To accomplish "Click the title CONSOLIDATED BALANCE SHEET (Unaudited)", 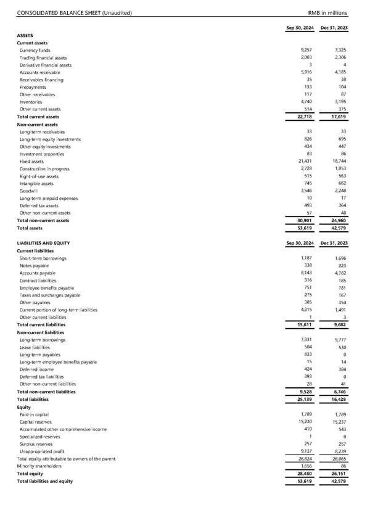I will click(x=74, y=13).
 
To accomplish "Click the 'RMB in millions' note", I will click(x=327, y=13).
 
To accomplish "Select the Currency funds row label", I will click(x=35, y=50).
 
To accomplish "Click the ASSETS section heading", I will click(x=25, y=35).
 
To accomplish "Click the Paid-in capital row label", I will click(x=35, y=414).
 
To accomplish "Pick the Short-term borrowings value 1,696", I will click(x=335, y=258).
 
